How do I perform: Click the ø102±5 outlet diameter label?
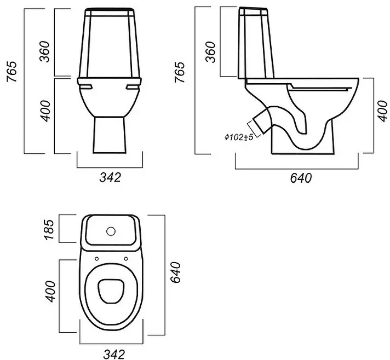(x=239, y=137)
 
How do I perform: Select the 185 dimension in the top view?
(x=49, y=229)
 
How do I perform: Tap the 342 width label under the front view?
(x=110, y=177)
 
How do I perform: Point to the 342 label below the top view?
(x=114, y=355)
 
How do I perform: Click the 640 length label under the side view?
(x=301, y=178)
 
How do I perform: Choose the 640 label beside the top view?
(x=176, y=272)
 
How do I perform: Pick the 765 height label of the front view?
(x=12, y=71)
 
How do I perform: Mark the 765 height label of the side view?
(x=180, y=72)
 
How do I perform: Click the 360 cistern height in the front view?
(x=45, y=51)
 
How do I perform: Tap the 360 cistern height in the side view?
(x=210, y=52)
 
